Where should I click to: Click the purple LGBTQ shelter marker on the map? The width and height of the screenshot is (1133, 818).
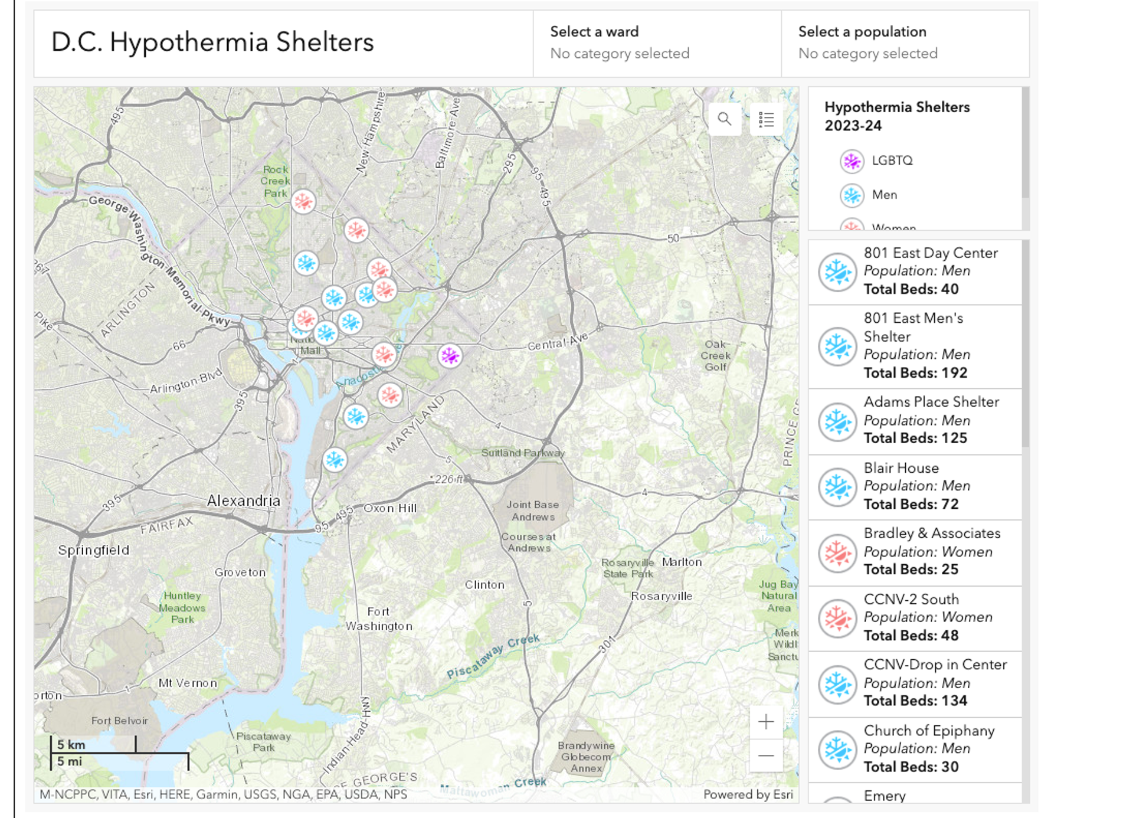[x=450, y=356]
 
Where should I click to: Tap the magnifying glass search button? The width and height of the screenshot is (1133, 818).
[x=724, y=119]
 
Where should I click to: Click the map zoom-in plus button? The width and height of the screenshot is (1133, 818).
[x=765, y=721]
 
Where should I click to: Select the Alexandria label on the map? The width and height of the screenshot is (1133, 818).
[x=243, y=500]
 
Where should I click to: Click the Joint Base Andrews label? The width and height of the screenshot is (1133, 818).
[x=532, y=511]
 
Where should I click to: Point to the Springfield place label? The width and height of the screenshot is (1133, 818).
[x=93, y=550]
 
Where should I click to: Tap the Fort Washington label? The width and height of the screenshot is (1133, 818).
[x=379, y=619]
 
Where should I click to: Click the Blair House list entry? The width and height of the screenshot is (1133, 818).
[x=915, y=486]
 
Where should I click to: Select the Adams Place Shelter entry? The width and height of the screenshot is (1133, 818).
[x=915, y=420]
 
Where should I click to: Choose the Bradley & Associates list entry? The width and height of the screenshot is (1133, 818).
[x=915, y=552]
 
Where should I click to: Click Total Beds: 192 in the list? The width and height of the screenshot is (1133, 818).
[x=915, y=373]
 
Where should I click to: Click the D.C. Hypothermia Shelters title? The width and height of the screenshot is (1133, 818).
[x=212, y=42]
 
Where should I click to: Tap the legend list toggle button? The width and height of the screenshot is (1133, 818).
[x=766, y=119]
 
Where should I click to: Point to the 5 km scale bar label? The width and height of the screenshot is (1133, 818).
[x=71, y=745]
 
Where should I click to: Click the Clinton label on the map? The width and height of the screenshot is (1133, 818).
[x=484, y=585]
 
